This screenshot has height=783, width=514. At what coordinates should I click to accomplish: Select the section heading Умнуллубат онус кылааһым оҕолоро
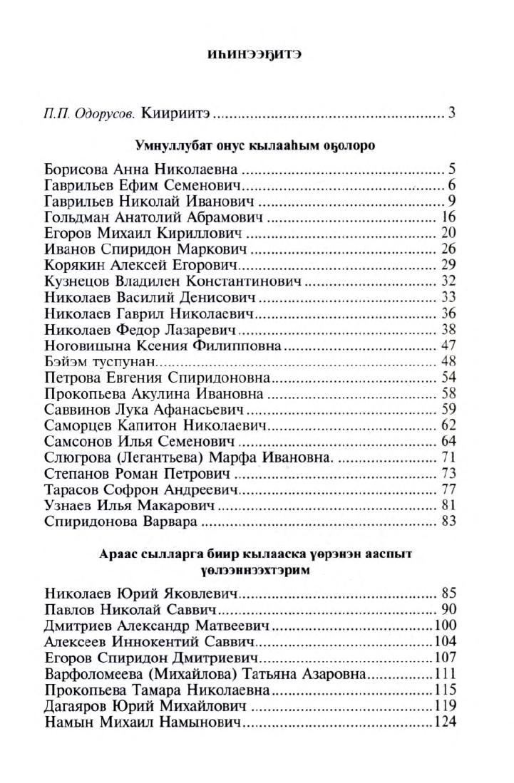coord(256,146)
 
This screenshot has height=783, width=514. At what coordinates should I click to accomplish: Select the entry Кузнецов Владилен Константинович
coord(173,280)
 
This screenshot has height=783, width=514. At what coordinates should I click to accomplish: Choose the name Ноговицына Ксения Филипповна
coord(163,346)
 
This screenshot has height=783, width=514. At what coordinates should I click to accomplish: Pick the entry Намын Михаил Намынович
coord(143,722)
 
